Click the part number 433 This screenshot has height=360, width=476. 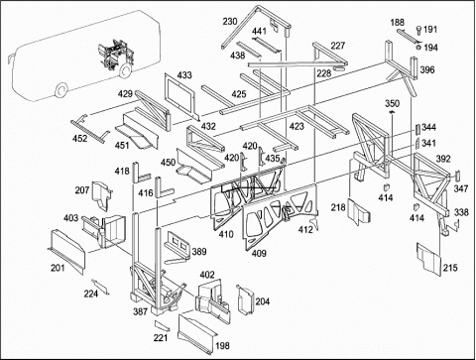click(x=184, y=75)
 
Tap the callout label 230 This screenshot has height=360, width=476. click(x=230, y=22)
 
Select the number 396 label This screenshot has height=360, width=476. click(x=427, y=70)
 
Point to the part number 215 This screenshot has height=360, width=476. click(x=450, y=268)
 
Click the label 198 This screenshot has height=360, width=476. click(x=222, y=346)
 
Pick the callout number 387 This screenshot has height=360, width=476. click(x=140, y=311)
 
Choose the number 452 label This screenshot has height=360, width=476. click(x=79, y=138)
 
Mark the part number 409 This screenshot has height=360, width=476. click(x=259, y=253)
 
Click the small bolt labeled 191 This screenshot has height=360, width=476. click(x=418, y=30)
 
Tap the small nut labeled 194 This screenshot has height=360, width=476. click(x=418, y=48)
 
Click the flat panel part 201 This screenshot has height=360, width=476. click(x=67, y=251)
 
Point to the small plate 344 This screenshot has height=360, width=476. click(x=417, y=130)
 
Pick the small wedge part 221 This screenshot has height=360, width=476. click(x=163, y=325)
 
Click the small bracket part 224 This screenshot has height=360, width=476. click(x=100, y=287)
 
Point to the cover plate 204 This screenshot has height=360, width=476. click(x=245, y=300)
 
